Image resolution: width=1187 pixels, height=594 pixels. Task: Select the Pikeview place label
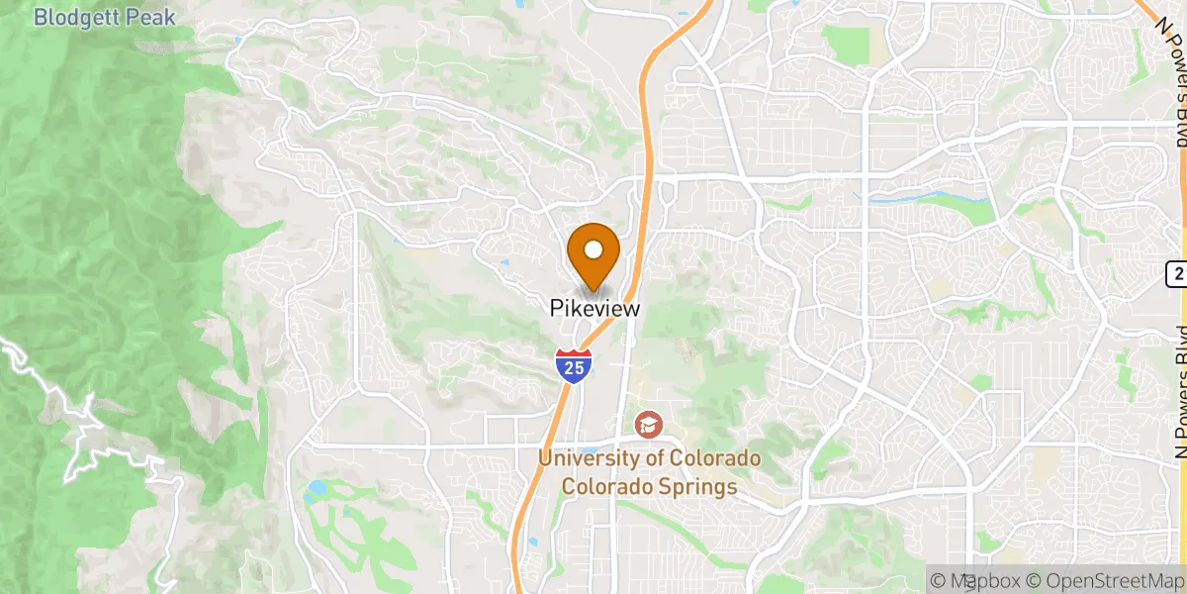[594, 309]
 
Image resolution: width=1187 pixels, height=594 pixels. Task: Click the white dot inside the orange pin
[594, 248]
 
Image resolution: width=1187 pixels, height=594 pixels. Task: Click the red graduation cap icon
[649, 426]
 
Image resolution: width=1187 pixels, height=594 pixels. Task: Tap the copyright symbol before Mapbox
[938, 580]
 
